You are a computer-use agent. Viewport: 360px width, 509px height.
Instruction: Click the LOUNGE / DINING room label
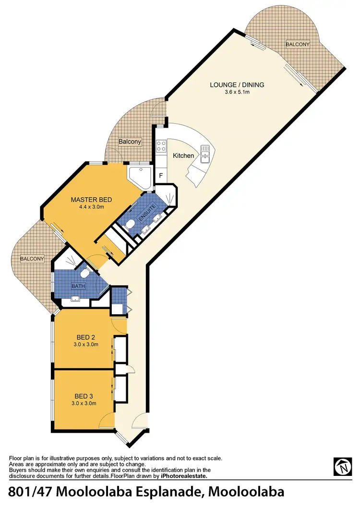pos(237,85)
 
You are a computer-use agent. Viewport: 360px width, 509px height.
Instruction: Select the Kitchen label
pos(184,155)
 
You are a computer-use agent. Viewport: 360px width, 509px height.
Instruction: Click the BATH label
pos(78,286)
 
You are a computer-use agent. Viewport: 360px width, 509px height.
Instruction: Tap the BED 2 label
pos(85,337)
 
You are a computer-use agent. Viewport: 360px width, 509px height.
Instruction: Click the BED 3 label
pos(84,396)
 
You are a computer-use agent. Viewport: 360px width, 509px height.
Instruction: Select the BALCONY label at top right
pos(298,44)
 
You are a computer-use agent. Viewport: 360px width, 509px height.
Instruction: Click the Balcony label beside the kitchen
pos(130,142)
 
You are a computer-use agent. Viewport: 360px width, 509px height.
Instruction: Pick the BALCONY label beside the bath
pos(32,259)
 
